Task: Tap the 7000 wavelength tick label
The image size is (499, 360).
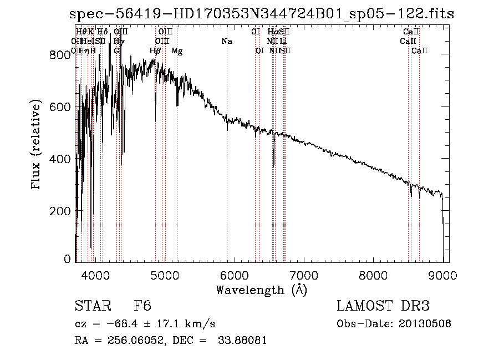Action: coord(304,275)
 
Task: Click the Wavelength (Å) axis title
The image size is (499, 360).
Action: coord(261,290)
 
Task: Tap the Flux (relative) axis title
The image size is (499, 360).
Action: coord(37,145)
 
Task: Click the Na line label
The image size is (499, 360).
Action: coord(226,42)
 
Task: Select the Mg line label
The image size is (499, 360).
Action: coord(177,51)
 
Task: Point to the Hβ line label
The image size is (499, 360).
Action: coord(155,51)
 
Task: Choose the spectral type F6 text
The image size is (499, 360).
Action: coord(142,307)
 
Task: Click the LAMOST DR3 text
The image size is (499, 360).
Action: coord(383,307)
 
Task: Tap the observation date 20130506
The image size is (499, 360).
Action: coord(425,324)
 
